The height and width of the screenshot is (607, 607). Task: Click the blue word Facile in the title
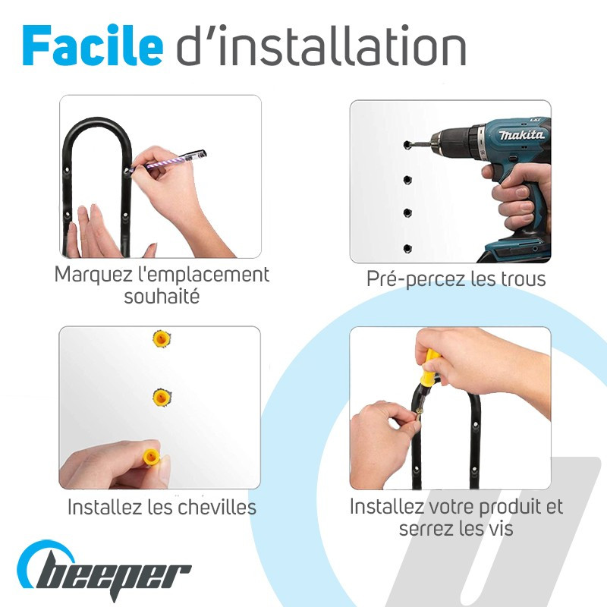tap(93, 46)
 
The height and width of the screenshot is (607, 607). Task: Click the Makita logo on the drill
tap(521, 134)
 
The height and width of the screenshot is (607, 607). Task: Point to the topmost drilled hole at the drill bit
tap(407, 145)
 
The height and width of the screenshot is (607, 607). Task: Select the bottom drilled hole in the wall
tap(407, 249)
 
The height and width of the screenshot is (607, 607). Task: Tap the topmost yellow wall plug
tap(161, 338)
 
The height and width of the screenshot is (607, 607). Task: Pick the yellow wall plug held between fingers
tap(152, 457)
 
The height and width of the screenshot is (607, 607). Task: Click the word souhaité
tap(162, 297)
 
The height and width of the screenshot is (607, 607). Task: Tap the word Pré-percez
tap(416, 279)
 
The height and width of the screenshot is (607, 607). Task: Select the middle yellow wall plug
tap(162, 397)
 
